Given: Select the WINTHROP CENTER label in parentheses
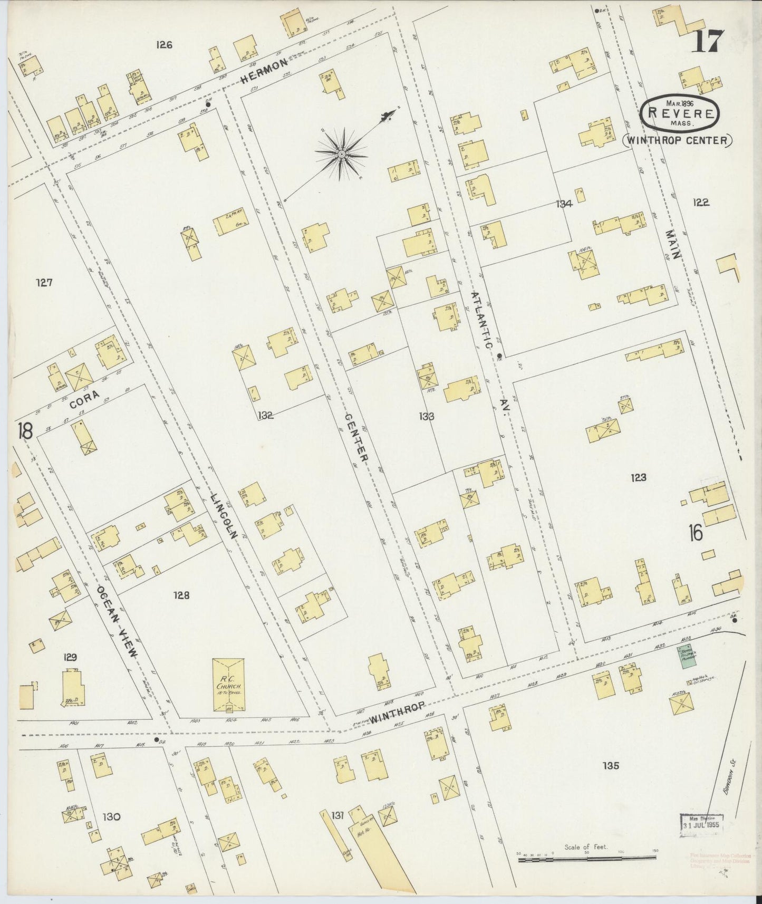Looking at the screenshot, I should point(678,140).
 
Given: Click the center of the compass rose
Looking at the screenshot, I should point(341,153).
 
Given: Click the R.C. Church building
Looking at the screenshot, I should point(227,684).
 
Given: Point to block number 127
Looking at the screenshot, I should point(44,283).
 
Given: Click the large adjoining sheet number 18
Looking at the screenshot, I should point(24,430).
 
